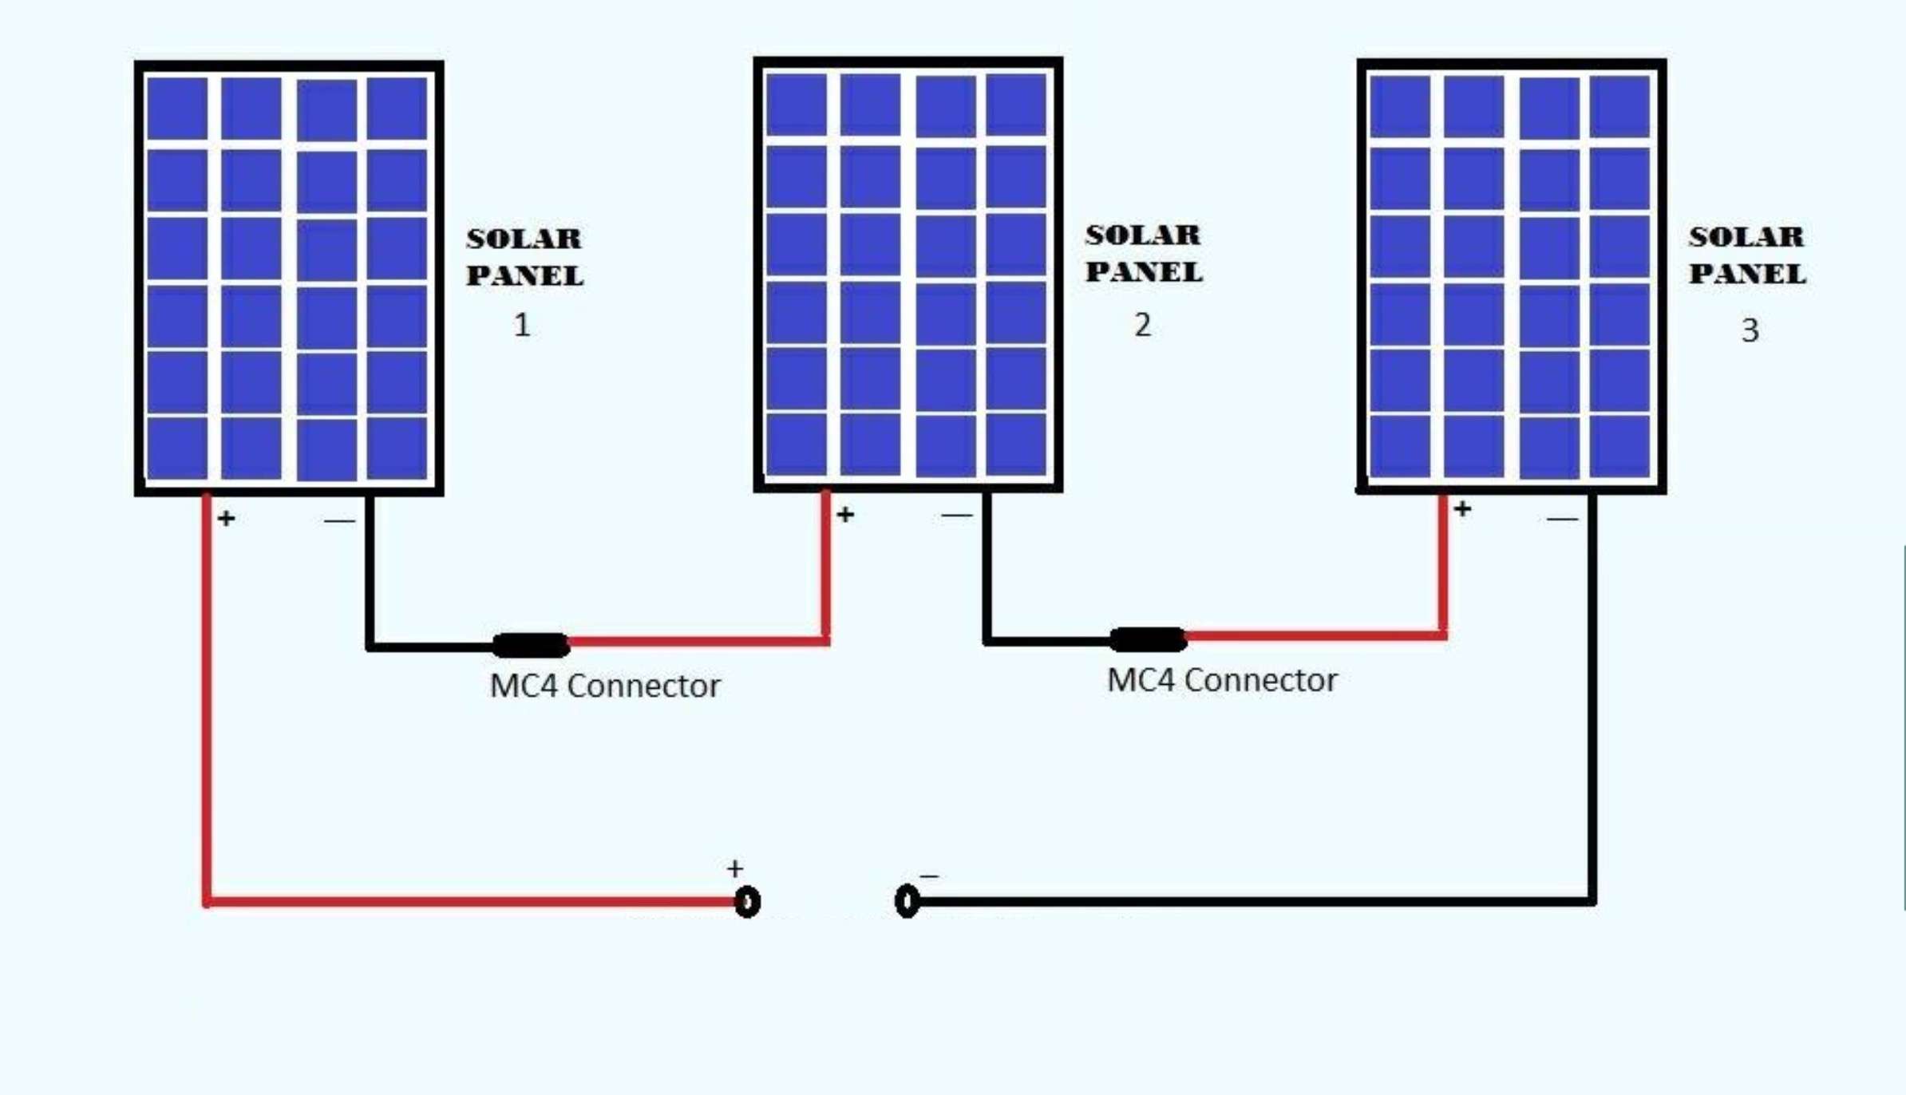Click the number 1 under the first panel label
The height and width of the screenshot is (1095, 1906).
pyautogui.click(x=522, y=325)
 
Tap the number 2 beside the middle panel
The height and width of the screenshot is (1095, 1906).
pyautogui.click(x=1142, y=325)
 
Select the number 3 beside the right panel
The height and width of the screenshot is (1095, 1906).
pyautogui.click(x=1750, y=330)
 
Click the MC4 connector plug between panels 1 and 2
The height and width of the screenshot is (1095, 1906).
pyautogui.click(x=531, y=645)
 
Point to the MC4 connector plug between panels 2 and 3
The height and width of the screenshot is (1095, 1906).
pyautogui.click(x=1148, y=639)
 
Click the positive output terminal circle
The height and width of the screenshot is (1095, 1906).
pyautogui.click(x=747, y=902)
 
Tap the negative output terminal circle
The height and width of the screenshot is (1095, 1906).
pyautogui.click(x=907, y=902)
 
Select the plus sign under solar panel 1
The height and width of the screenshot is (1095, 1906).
pyautogui.click(x=227, y=519)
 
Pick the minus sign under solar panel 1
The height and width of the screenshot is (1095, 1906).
pyautogui.click(x=339, y=521)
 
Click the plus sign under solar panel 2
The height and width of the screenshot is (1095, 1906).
pyautogui.click(x=845, y=515)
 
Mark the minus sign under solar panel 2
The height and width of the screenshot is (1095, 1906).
pyautogui.click(x=956, y=516)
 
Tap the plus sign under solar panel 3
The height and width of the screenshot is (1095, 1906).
pyautogui.click(x=1462, y=509)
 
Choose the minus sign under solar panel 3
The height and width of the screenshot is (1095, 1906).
pyautogui.click(x=1562, y=520)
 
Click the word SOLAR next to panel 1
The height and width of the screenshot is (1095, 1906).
pyautogui.click(x=524, y=239)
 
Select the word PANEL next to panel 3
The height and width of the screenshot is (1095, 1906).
pyautogui.click(x=1747, y=274)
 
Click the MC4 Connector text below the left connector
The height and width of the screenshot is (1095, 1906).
pyautogui.click(x=605, y=686)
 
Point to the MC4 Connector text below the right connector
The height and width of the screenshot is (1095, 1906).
pyautogui.click(x=1222, y=681)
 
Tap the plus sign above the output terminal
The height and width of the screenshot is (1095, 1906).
pyautogui.click(x=735, y=868)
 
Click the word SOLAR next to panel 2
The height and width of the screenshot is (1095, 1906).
pyautogui.click(x=1143, y=235)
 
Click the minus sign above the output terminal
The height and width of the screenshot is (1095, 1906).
pyautogui.click(x=929, y=876)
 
